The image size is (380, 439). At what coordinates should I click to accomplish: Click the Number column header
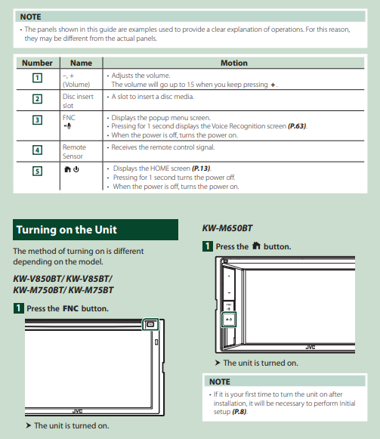37,63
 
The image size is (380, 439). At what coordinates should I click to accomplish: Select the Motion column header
234,63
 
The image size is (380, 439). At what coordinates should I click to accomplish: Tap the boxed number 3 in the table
37,120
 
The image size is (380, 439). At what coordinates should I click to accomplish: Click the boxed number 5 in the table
37,171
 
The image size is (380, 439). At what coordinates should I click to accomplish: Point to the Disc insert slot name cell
78,100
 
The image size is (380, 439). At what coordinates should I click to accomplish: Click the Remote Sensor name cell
74,151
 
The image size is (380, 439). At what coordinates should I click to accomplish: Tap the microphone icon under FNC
67,126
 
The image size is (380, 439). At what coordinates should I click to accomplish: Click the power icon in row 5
76,169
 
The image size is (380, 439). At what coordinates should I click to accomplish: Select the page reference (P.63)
298,126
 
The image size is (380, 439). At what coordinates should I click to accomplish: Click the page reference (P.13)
202,168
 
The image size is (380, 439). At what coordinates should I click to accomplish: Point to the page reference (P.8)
239,412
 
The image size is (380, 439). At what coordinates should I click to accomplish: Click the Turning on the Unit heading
66,230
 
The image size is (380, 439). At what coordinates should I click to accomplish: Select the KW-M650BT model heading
227,228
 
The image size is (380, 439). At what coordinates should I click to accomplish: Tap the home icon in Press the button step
256,246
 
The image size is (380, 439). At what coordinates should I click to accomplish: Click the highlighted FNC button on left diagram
150,324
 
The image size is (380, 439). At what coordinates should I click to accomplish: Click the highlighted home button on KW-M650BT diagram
229,320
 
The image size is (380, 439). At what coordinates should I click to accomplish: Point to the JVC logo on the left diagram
77,411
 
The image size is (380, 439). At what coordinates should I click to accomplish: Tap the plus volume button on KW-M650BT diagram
229,276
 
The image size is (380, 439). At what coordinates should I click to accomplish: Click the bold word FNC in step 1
70,308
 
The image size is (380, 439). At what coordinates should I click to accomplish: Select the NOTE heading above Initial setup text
220,382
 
